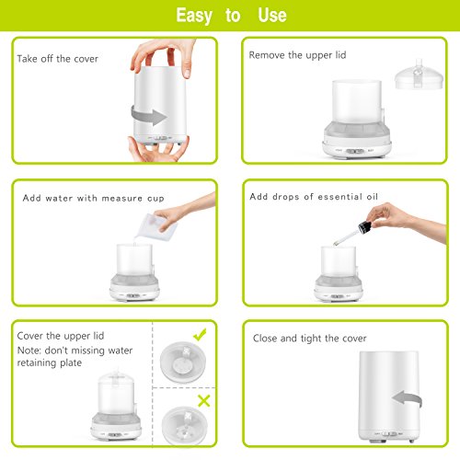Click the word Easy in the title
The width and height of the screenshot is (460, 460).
click(194, 16)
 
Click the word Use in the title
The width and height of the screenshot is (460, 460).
click(272, 15)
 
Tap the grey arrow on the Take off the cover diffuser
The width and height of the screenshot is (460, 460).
click(149, 115)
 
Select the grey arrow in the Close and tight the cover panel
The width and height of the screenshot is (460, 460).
click(407, 398)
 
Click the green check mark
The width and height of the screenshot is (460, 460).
click(200, 335)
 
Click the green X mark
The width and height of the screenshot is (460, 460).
click(204, 401)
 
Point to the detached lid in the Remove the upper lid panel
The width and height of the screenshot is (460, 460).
click(419, 75)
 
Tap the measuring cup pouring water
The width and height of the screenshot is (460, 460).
click(156, 227)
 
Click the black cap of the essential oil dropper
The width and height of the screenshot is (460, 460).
click(365, 226)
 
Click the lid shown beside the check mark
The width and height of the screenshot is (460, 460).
click(183, 362)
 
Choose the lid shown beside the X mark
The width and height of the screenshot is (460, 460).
click(185, 426)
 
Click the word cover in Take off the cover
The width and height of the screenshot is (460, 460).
click(86, 59)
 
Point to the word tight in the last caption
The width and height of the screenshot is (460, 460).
click(311, 339)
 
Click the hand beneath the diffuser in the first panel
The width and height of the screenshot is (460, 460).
click(158, 149)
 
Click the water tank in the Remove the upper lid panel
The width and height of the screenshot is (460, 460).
click(357, 101)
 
